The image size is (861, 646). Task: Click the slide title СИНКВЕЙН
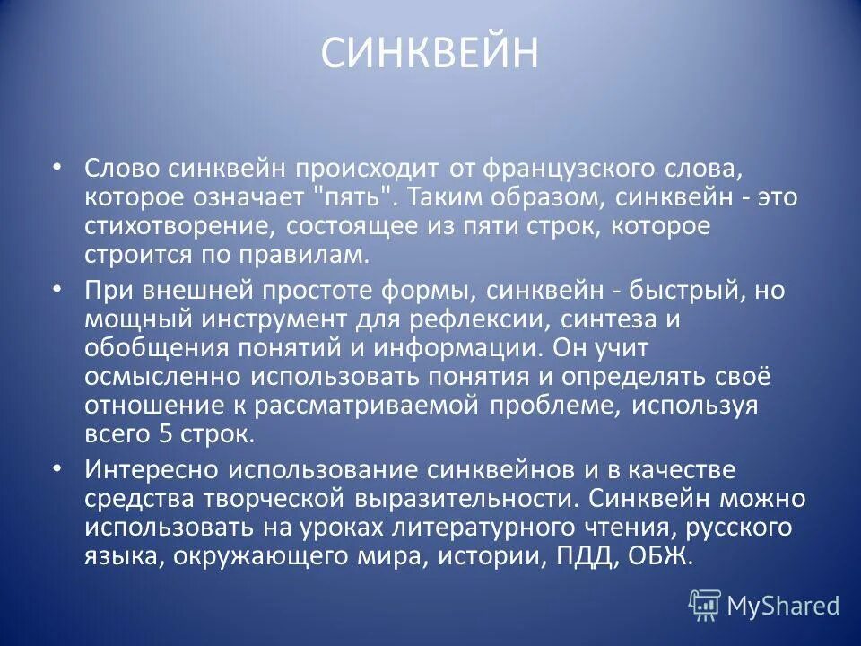coord(430,54)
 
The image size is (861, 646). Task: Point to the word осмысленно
coord(161,377)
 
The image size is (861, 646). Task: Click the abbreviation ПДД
coord(577,556)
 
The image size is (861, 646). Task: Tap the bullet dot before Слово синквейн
coord(57,167)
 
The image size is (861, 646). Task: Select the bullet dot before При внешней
coord(57,290)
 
